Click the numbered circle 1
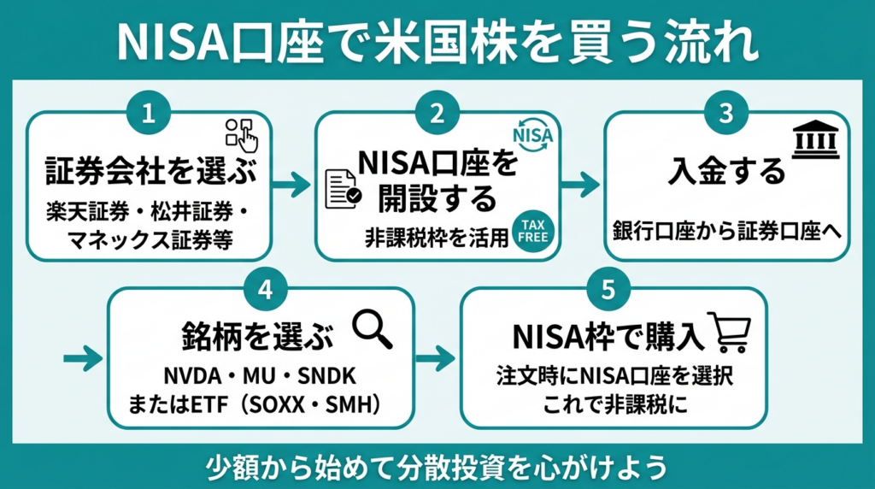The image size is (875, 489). (x=149, y=114)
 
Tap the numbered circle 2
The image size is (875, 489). (x=437, y=114)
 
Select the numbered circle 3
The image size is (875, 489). (x=726, y=114)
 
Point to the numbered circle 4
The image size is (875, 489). (x=265, y=290)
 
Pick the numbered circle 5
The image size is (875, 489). (x=608, y=290)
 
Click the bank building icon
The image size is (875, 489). (x=816, y=139)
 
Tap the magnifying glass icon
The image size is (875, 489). (x=373, y=329)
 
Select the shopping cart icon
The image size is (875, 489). (x=730, y=332)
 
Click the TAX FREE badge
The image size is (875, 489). (x=533, y=231)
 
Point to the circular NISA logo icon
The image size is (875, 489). (x=532, y=134)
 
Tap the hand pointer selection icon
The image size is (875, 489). (x=242, y=135)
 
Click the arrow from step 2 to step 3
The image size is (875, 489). (x=580, y=184)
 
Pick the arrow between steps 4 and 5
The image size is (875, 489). (x=435, y=358)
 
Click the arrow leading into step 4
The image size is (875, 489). (x=83, y=358)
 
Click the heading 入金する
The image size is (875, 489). (x=726, y=171)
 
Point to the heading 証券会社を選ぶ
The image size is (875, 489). (x=150, y=170)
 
